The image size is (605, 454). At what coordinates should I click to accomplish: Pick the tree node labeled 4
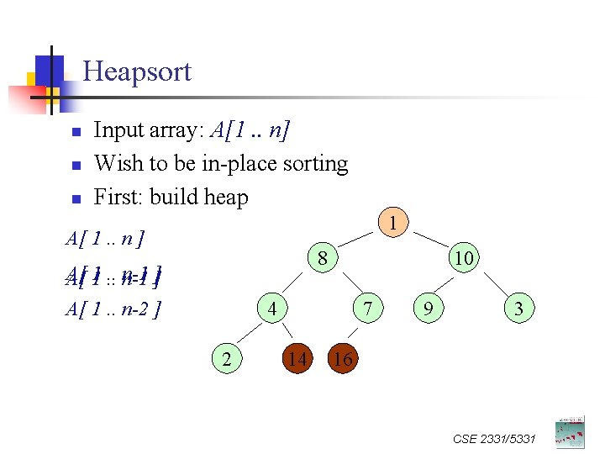[x=271, y=309]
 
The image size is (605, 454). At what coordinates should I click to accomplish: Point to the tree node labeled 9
[x=429, y=310]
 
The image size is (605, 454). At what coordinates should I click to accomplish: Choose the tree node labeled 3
[x=518, y=310]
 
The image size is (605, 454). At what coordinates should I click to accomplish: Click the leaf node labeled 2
[x=225, y=360]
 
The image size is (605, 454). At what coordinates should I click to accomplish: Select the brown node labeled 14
[x=296, y=360]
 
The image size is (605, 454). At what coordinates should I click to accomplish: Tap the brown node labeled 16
[x=343, y=360]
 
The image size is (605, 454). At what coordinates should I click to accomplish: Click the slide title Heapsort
[x=137, y=71]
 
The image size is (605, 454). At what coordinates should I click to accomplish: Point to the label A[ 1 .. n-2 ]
[x=113, y=309]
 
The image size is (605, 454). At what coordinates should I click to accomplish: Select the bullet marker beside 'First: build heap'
[x=75, y=199]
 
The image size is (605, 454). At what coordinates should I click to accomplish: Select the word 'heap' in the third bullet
[x=226, y=198]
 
